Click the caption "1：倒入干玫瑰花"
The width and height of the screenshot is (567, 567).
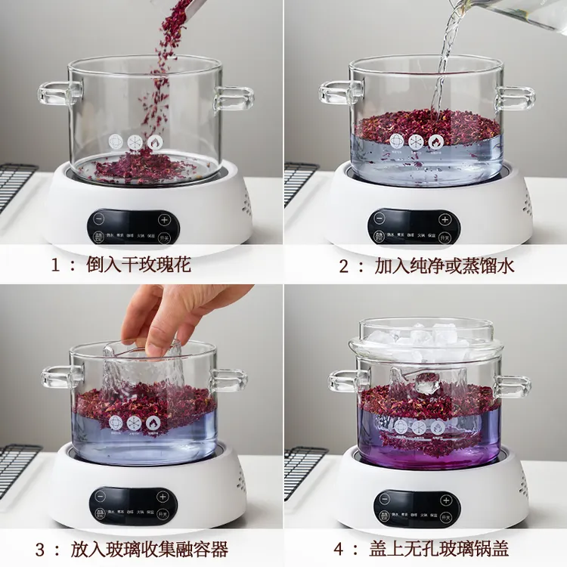121,265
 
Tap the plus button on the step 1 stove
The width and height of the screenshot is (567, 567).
164,222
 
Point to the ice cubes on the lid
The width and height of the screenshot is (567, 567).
427,336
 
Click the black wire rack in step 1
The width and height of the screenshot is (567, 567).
17,185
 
